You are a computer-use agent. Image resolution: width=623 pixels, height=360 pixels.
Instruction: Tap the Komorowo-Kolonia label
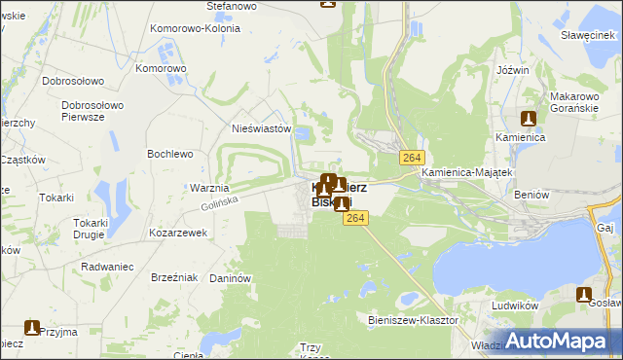point(196,28)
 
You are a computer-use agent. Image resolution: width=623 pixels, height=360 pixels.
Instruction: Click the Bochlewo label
point(170,154)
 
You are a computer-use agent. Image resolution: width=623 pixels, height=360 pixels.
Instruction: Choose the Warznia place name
point(209,188)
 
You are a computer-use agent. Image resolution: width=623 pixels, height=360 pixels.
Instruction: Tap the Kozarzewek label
point(178,234)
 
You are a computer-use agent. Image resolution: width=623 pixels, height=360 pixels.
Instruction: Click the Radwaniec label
point(107,263)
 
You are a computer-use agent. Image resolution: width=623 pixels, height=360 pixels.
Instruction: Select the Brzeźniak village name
point(175,277)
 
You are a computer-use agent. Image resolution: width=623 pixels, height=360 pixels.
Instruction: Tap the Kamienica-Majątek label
point(467,172)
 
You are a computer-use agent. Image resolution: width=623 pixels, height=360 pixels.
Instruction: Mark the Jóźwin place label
point(512,71)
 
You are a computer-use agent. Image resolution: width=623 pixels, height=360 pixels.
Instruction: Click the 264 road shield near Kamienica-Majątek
point(411,159)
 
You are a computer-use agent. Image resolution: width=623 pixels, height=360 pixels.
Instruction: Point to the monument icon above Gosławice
point(584,294)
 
